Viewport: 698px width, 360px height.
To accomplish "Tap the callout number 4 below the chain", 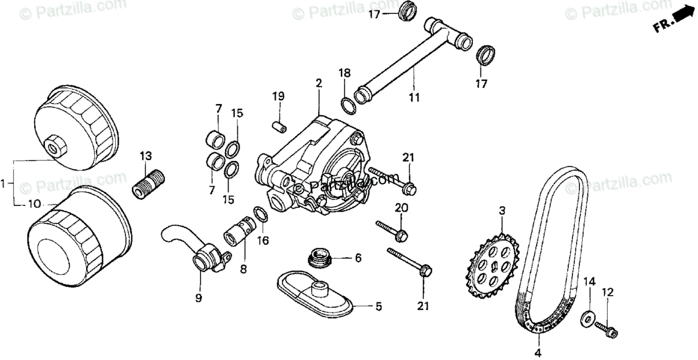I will [538, 352].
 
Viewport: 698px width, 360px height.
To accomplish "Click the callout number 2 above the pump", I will [319, 84].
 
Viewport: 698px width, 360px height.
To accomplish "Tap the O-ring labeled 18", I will [348, 104].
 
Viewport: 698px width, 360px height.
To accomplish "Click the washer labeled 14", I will [589, 317].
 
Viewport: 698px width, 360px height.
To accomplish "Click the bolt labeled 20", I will [391, 230].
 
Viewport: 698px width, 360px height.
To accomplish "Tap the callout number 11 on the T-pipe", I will [414, 98].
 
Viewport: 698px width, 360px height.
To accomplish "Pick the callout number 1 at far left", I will [4, 184].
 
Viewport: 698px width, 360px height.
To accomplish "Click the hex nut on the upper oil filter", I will [54, 145].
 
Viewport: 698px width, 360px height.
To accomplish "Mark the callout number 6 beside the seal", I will [358, 256].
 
